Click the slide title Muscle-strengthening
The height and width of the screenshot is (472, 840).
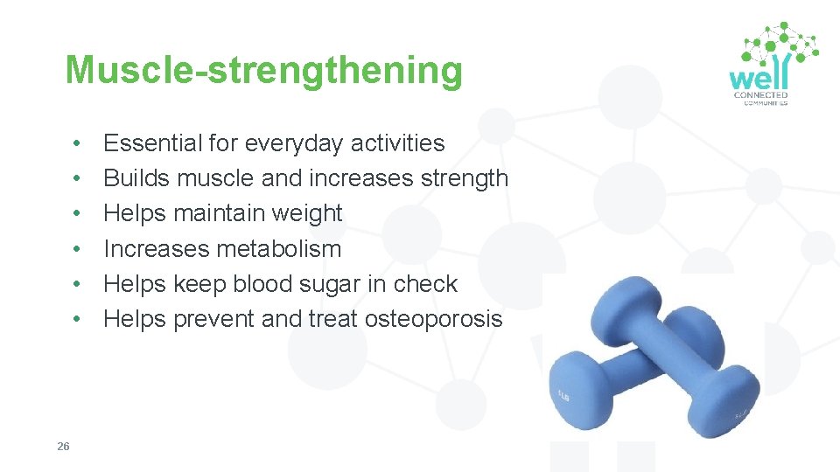point(263,70)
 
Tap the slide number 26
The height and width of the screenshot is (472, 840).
point(63,447)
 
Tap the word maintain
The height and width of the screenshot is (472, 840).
point(218,213)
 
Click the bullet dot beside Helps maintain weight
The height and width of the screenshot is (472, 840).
point(78,214)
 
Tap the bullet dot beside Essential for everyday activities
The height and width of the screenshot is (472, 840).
point(78,143)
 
